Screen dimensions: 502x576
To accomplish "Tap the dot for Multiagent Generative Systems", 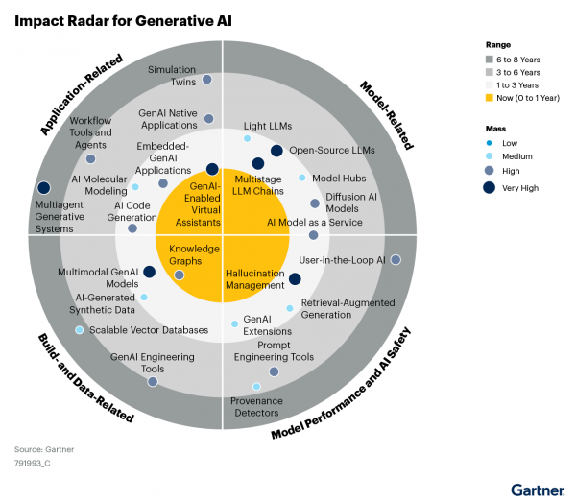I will [x=43, y=188].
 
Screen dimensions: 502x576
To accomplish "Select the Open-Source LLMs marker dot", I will [x=276, y=150].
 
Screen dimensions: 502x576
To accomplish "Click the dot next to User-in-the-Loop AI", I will [x=395, y=260].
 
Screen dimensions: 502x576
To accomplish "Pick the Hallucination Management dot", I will [x=295, y=279].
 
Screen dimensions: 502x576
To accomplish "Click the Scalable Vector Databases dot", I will [x=80, y=330].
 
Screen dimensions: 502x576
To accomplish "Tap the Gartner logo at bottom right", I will [x=537, y=489].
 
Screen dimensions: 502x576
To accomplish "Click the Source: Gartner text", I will [x=43, y=449].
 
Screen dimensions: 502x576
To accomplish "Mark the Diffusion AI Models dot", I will [x=315, y=203].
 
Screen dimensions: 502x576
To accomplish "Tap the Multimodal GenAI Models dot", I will [x=149, y=272].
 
